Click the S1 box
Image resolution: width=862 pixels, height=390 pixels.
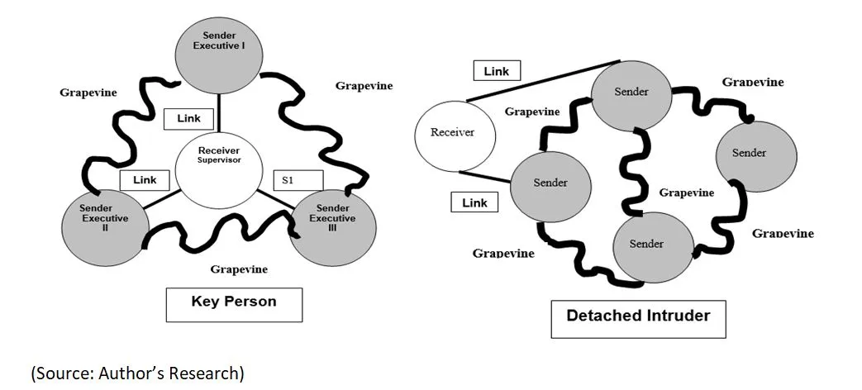tap(298, 179)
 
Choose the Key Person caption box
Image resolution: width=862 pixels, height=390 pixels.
tap(234, 303)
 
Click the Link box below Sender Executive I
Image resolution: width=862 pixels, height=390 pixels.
tap(188, 118)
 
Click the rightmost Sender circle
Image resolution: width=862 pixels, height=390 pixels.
tap(755, 153)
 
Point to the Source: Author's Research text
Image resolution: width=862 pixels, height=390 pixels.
tap(138, 373)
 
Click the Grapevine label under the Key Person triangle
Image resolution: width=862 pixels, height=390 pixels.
tap(239, 269)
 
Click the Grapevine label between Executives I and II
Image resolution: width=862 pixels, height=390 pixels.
tap(88, 93)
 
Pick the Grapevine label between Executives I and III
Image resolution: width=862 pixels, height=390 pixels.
tap(364, 85)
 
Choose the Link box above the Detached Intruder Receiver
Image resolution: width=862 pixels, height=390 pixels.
tap(496, 71)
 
